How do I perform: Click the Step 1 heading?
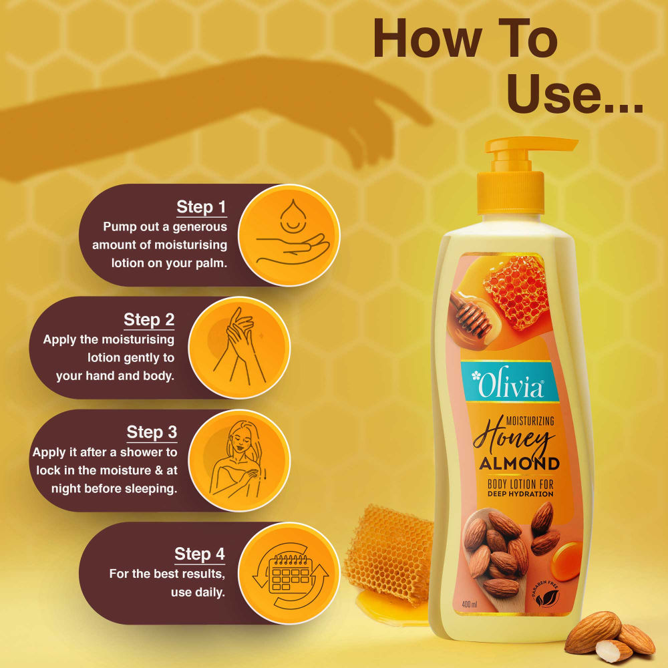click(201, 207)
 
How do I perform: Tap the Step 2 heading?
click(149, 320)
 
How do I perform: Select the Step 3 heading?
click(152, 432)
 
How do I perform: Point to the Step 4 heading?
click(200, 554)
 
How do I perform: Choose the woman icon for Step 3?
click(239, 460)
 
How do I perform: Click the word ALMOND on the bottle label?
click(518, 464)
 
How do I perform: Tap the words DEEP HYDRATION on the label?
click(520, 494)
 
